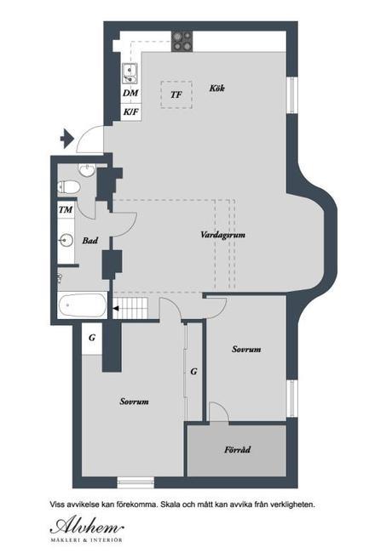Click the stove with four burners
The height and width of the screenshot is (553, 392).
(x=182, y=42)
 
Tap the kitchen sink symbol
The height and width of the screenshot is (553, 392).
(x=130, y=73)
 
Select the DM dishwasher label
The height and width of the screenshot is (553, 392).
(x=130, y=93)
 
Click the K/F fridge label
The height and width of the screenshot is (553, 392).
(x=130, y=112)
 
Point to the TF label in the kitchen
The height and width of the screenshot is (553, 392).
(x=176, y=94)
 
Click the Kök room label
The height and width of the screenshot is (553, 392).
(x=216, y=88)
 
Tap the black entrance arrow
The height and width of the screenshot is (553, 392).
(x=66, y=138)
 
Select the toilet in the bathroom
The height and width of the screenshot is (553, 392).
(x=68, y=187)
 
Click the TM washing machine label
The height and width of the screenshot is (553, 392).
(x=66, y=209)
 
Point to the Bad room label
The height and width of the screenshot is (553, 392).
(x=90, y=241)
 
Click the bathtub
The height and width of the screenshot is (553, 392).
(x=83, y=305)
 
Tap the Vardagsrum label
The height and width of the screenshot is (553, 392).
(x=222, y=235)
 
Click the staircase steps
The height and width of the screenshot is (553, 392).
(x=130, y=308)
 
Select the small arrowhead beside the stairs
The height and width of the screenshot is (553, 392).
(x=116, y=309)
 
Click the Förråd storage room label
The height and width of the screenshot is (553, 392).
(x=238, y=450)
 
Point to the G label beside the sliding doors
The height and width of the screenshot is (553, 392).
(x=193, y=372)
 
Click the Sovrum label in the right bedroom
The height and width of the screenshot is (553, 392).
(x=246, y=349)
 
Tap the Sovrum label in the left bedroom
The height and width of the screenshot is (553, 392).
(x=134, y=402)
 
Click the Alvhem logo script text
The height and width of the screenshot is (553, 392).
(x=87, y=527)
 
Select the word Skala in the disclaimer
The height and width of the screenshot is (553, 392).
(x=170, y=505)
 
